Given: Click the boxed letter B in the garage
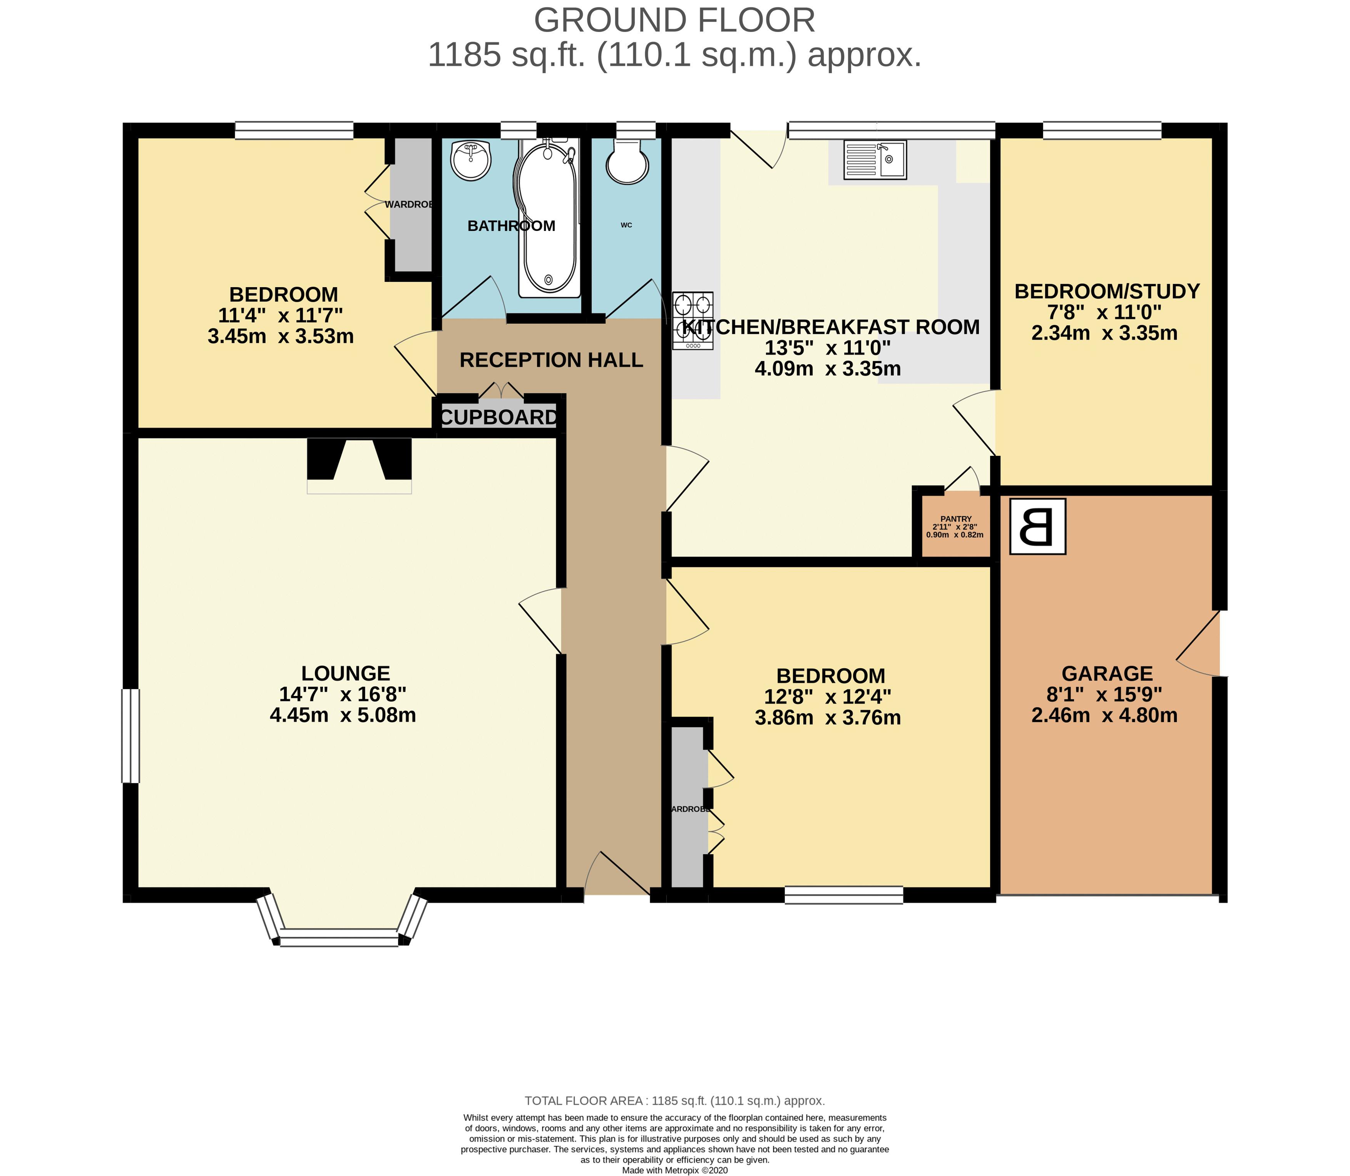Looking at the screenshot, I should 1037,526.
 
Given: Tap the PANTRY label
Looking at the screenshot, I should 955,519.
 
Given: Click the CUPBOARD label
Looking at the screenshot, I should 499,417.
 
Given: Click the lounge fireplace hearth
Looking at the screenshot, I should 359,486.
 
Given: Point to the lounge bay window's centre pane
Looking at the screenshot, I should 339,937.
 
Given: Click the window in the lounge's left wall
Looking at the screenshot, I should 130,735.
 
